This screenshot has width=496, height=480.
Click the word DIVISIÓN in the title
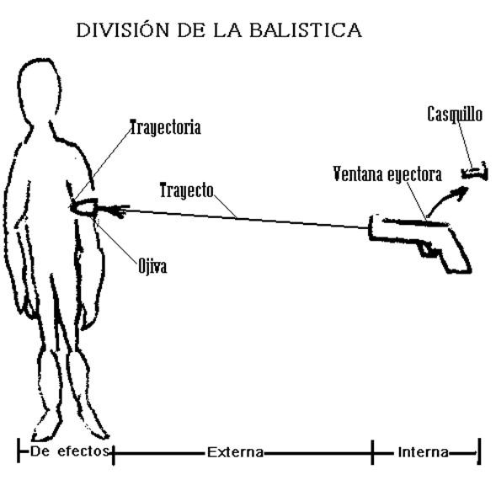pos(119,31)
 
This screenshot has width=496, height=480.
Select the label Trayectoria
pos(165,128)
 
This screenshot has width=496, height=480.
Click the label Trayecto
pos(187,190)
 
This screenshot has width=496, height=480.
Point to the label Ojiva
pos(152,268)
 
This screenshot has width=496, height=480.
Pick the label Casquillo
pos(455,114)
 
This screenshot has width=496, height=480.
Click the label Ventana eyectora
pos(387,175)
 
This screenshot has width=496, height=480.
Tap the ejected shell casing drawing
pos(475,173)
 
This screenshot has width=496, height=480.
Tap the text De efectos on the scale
pos(70,451)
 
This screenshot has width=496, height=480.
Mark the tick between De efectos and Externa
pos(112,453)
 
